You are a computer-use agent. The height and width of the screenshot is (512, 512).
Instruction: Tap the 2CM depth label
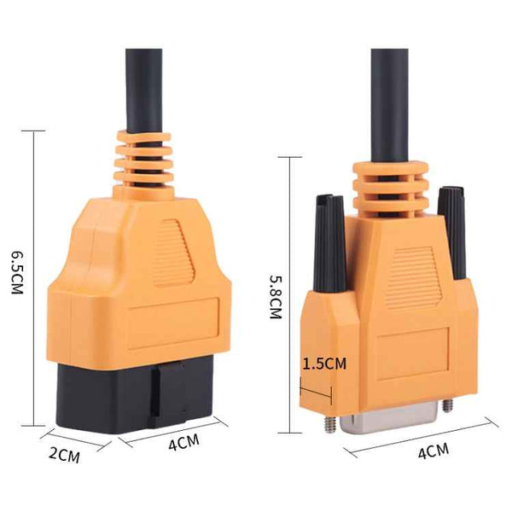tap(63, 455)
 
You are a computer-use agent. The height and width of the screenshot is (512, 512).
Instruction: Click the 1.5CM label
tap(325, 364)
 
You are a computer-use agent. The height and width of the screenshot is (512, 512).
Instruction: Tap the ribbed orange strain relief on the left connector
tap(142, 162)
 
